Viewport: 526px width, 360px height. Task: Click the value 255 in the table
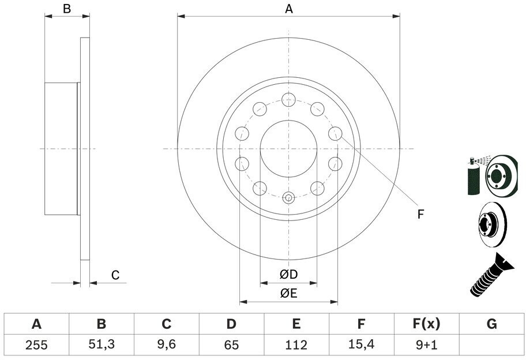(x=36, y=345)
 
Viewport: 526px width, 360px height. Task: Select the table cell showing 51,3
(x=102, y=344)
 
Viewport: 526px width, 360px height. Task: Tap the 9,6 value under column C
(x=166, y=344)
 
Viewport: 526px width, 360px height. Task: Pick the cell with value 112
(x=296, y=345)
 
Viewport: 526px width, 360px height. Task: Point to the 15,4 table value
(x=361, y=344)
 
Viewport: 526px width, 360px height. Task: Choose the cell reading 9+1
(x=426, y=345)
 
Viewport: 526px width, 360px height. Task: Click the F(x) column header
(x=426, y=324)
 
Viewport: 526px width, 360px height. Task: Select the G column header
(x=491, y=324)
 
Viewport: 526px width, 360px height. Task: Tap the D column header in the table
(x=231, y=324)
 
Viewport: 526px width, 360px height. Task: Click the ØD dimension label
(x=288, y=275)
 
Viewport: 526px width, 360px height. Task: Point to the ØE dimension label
(x=288, y=294)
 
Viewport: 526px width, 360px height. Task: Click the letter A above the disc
(x=289, y=9)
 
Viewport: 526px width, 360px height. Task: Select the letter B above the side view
(x=67, y=9)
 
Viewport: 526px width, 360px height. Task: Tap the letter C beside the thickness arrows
(x=115, y=275)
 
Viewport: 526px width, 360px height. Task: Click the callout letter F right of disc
(x=420, y=214)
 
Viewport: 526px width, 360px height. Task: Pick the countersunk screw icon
(x=492, y=275)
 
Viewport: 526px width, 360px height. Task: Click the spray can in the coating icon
(x=474, y=177)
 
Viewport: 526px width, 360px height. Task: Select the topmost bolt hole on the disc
(x=288, y=100)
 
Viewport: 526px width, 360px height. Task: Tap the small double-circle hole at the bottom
(x=288, y=198)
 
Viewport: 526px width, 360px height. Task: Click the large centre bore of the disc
(x=288, y=149)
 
